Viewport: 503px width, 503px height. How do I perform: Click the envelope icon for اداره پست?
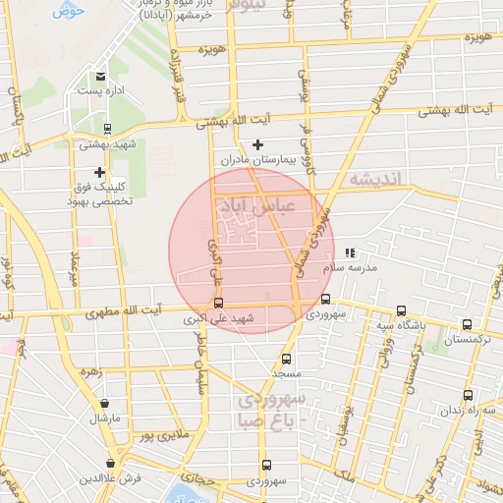click(x=100, y=76)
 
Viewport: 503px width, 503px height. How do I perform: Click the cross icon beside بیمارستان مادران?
click(x=258, y=144)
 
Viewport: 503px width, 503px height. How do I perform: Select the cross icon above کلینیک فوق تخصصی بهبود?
click(x=98, y=173)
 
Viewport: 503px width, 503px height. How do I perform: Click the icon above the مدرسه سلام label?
click(x=351, y=252)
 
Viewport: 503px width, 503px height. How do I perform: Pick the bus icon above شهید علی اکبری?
click(x=218, y=303)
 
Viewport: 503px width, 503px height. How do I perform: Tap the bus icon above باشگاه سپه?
click(x=401, y=310)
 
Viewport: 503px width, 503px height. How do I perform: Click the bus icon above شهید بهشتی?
click(x=107, y=128)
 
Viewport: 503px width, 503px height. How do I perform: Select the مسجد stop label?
click(x=287, y=374)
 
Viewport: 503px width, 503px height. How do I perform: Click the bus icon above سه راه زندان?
click(x=468, y=395)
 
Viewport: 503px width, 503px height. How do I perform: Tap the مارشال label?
click(x=104, y=419)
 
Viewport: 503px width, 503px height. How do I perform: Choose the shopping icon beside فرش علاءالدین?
click(x=112, y=462)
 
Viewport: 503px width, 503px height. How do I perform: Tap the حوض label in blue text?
click(x=67, y=12)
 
